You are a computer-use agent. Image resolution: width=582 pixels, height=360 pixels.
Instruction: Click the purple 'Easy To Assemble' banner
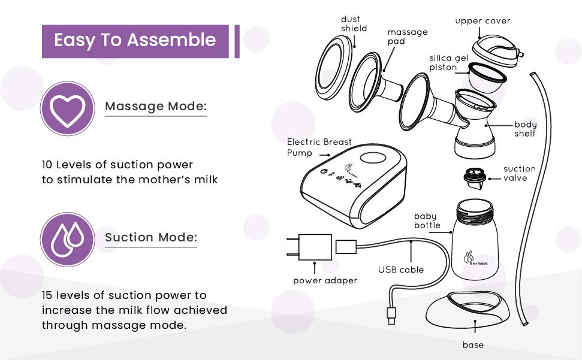point(135,41)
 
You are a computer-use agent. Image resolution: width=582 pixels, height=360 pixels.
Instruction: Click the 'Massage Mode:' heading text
point(156,107)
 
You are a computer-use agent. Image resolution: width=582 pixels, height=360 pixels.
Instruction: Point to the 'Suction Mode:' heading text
point(151,237)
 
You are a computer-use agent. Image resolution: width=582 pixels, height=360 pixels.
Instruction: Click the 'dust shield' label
point(354,24)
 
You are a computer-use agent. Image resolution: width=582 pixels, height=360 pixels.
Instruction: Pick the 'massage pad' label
point(407,37)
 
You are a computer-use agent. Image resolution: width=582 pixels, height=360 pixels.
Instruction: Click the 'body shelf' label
point(525,129)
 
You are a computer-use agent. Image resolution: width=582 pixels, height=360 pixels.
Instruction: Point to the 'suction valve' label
point(519,173)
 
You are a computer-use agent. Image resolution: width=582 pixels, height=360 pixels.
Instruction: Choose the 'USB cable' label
point(400,270)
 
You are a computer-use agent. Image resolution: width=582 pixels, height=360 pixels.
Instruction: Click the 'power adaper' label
point(325,280)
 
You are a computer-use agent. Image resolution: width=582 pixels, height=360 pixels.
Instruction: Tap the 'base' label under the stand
point(472,344)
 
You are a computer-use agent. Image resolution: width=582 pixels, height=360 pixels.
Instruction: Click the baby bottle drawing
point(478,240)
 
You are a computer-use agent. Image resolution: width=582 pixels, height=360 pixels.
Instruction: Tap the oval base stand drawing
point(468,310)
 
